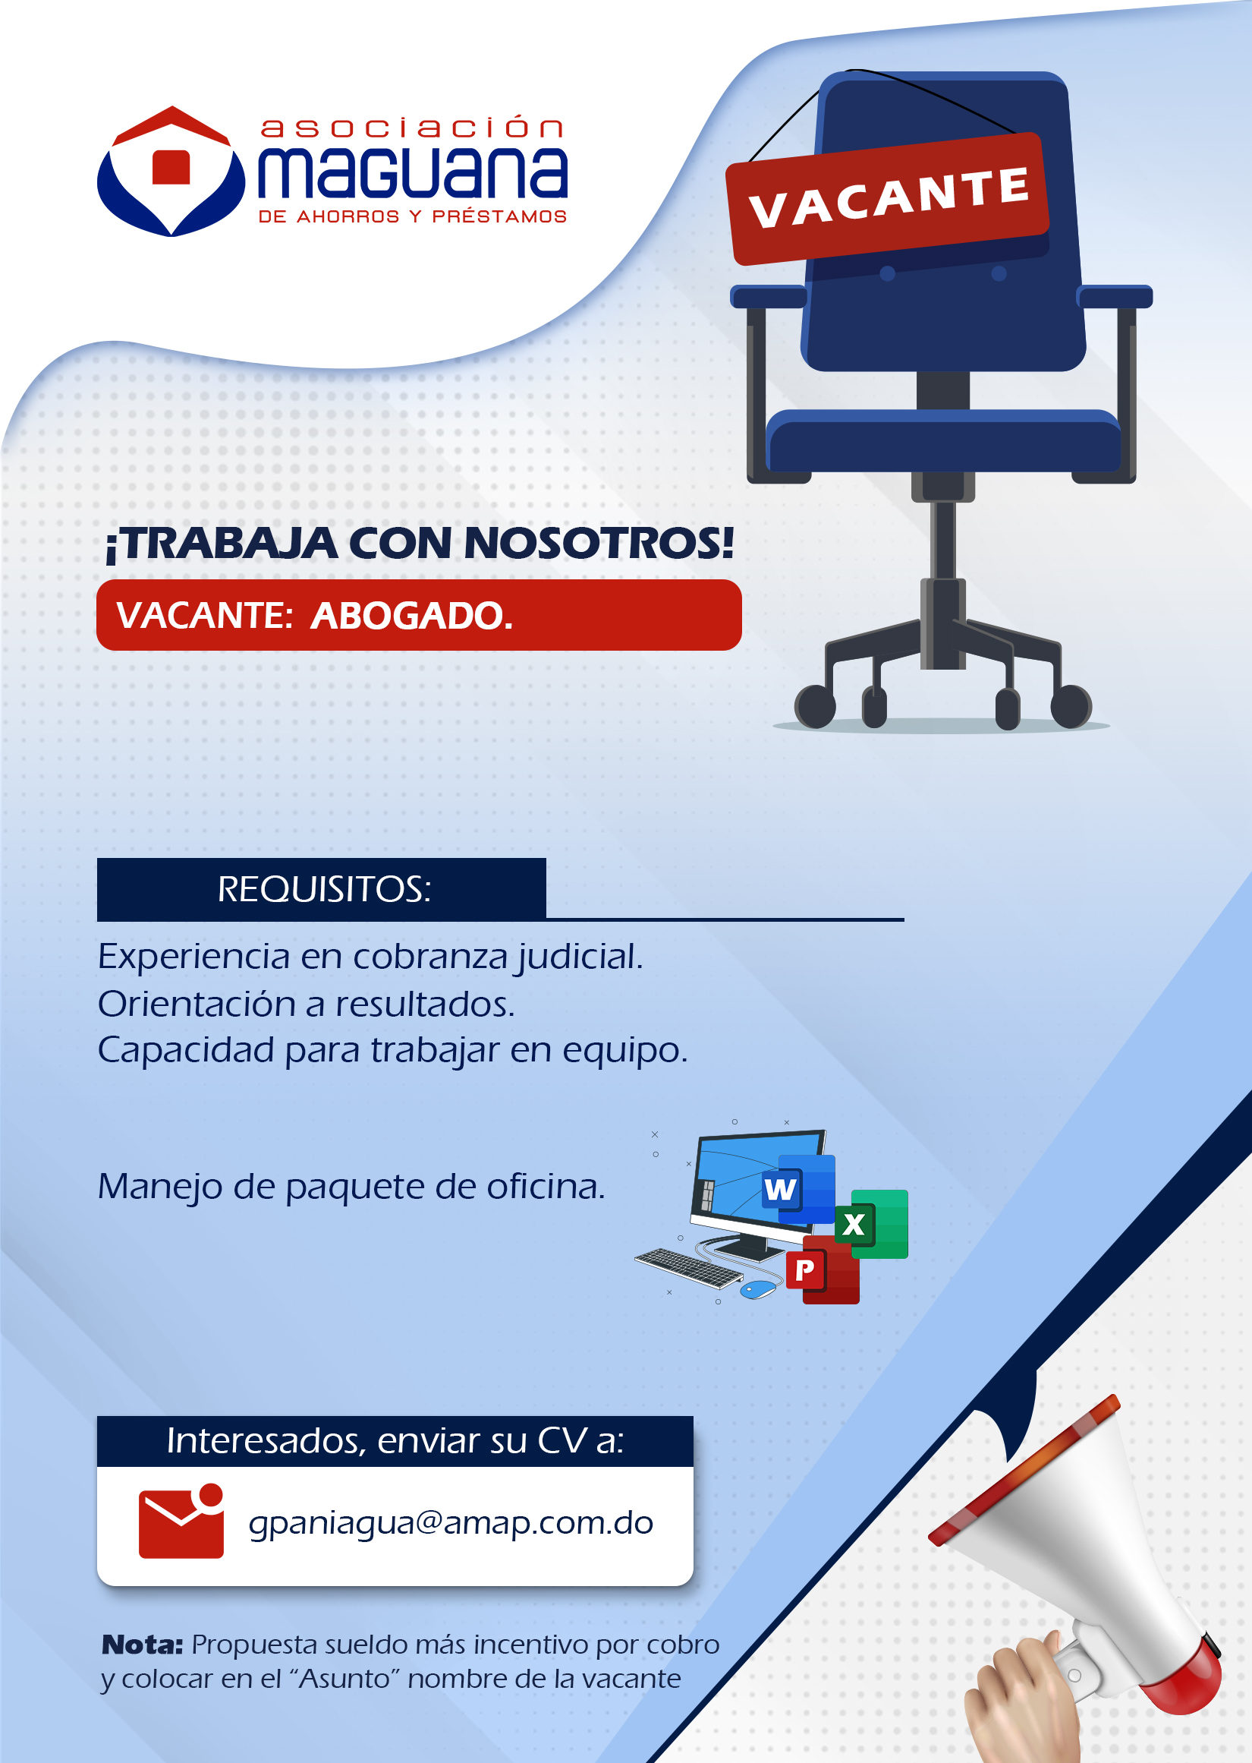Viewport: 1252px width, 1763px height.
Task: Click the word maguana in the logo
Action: pos(413,171)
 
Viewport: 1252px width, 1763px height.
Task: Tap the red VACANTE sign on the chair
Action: pos(888,199)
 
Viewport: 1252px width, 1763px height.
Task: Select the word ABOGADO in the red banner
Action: pos(411,616)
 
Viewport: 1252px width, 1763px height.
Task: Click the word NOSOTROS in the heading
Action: pos(598,543)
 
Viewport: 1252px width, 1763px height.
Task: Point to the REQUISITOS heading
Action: pos(324,889)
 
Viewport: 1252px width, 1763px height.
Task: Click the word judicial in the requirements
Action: pos(580,957)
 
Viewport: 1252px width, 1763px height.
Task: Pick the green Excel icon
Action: pos(870,1224)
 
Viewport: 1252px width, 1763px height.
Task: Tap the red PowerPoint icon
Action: pos(822,1269)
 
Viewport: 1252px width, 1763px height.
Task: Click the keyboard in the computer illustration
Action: pos(687,1268)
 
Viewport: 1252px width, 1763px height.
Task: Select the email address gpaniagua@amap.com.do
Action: pos(451,1523)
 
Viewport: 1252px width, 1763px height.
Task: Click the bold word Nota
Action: pos(142,1645)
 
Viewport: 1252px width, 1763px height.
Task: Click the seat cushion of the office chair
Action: pos(944,441)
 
